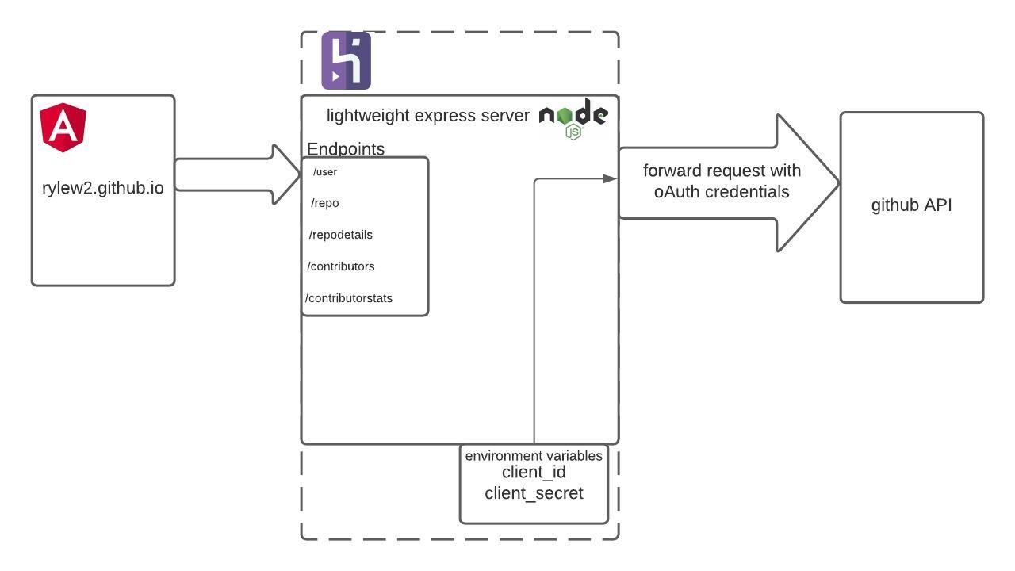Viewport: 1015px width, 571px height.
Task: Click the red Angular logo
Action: (63, 127)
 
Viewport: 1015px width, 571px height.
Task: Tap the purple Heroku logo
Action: (346, 60)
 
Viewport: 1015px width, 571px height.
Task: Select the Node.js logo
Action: (573, 119)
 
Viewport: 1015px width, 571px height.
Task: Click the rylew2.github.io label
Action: (103, 188)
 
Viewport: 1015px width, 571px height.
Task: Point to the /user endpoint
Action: (325, 171)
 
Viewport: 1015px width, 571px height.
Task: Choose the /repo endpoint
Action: (325, 203)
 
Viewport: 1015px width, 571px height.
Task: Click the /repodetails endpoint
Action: (341, 235)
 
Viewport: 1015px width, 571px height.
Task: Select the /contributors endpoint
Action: (341, 266)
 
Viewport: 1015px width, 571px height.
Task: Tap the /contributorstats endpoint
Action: (349, 298)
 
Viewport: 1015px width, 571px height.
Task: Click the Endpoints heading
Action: (346, 148)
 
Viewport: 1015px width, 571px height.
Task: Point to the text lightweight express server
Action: (428, 116)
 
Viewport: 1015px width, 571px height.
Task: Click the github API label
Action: (912, 205)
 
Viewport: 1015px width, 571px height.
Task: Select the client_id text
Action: (534, 473)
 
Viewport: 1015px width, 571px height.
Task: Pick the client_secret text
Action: (534, 493)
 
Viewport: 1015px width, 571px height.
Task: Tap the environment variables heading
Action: (534, 456)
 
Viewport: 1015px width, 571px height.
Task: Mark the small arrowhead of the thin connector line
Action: (610, 178)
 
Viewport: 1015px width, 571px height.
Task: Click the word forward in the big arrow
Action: (671, 171)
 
